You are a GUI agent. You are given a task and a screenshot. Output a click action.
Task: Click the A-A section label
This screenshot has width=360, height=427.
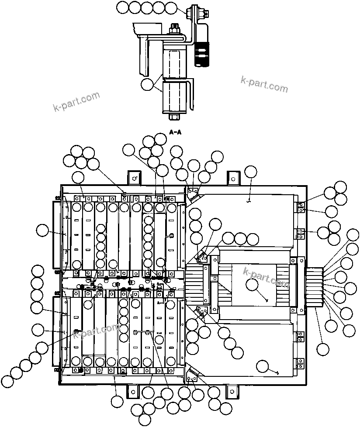click(175, 132)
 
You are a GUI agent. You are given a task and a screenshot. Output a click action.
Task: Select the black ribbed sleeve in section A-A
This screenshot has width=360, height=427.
click(202, 54)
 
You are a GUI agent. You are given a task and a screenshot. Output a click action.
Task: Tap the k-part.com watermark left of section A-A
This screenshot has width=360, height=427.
click(76, 101)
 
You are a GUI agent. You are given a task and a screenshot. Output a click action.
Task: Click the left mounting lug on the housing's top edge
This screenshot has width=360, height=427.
click(134, 178)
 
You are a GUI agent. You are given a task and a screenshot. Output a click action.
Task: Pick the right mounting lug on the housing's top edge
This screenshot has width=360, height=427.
click(233, 178)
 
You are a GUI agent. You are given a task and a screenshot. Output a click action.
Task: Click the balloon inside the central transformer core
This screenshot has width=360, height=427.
click(252, 285)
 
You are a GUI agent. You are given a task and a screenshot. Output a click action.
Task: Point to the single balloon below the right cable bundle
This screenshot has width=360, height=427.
click(322, 349)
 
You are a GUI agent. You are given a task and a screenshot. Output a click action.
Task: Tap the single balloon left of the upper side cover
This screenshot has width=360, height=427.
click(42, 230)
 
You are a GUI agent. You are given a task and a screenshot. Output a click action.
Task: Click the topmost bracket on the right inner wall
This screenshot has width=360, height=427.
click(300, 207)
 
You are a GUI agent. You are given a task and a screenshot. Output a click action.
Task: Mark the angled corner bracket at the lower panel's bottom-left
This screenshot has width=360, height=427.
click(193, 374)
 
